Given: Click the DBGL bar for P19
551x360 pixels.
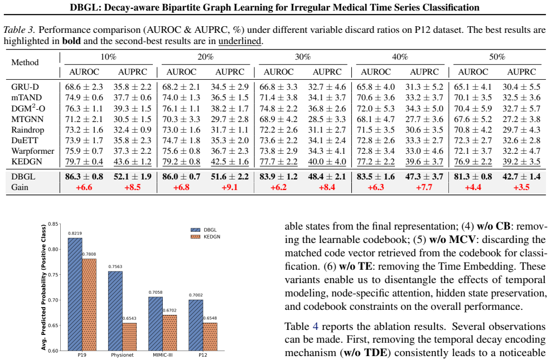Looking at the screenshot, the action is click(x=75, y=294).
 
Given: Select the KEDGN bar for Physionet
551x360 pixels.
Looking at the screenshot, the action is click(x=129, y=337).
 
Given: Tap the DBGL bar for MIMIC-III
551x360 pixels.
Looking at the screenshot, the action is click(x=156, y=324).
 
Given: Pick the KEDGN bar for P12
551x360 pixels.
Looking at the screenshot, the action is click(x=210, y=337).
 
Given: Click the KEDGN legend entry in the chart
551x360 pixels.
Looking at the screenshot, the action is click(x=206, y=237).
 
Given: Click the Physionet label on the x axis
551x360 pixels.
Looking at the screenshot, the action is click(x=122, y=355).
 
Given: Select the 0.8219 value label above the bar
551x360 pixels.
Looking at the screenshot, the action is click(x=75, y=233).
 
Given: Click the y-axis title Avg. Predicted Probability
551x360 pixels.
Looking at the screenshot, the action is click(x=43, y=288).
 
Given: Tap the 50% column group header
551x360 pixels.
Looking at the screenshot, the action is click(x=497, y=57).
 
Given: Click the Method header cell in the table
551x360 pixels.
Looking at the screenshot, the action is click(x=25, y=62).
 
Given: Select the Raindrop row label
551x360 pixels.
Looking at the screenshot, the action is click(x=28, y=130).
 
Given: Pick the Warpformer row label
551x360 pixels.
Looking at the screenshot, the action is click(x=33, y=152).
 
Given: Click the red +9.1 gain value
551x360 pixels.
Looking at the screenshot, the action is click(x=229, y=187).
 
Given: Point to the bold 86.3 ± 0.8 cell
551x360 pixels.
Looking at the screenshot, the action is click(x=84, y=176).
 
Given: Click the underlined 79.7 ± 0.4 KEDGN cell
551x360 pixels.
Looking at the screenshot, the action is click(x=84, y=162).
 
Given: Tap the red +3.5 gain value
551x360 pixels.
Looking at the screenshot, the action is click(x=521, y=187).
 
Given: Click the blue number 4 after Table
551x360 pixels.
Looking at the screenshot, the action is click(x=315, y=327).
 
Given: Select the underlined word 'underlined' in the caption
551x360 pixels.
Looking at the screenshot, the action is click(x=240, y=41).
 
